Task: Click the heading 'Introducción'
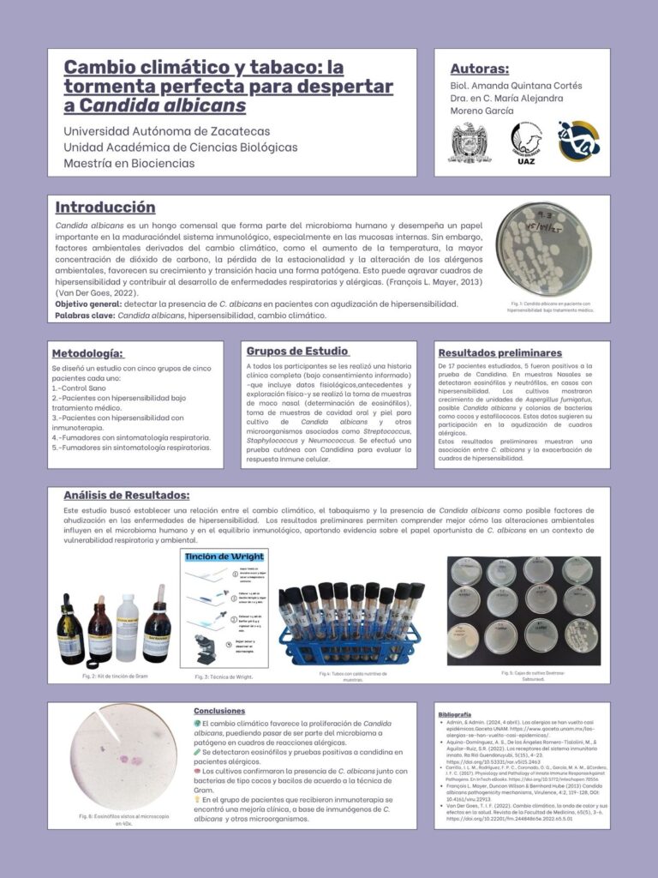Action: pos(105,207)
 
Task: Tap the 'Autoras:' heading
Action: pos(479,69)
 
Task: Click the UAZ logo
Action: pos(527,142)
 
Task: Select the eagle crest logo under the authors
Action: pos(470,141)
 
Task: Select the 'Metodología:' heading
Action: pos(87,353)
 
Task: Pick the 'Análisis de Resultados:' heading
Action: pos(127,496)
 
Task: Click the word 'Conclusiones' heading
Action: pos(219,711)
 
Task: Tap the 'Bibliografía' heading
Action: pos(454,714)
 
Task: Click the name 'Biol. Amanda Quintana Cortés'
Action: pos(516,86)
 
